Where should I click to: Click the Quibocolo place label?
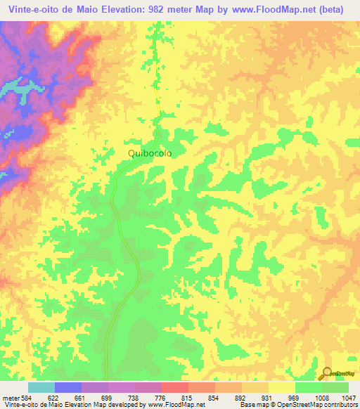(149, 152)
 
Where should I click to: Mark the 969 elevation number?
(295, 396)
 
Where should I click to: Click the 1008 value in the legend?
(322, 396)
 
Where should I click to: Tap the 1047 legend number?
(348, 396)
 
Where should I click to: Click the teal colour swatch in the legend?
(41, 387)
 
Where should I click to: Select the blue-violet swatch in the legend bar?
(68, 387)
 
